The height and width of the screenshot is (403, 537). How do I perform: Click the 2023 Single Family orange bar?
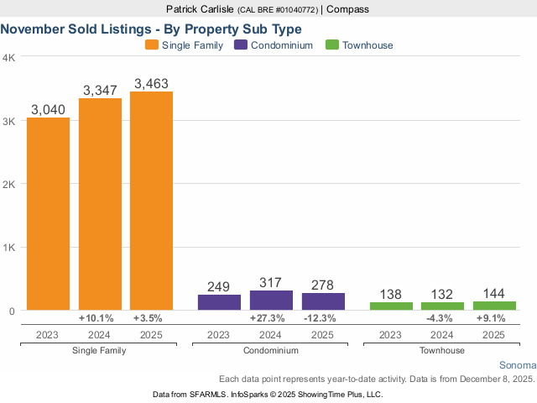(48, 214)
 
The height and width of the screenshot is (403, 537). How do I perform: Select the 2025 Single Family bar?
(151, 201)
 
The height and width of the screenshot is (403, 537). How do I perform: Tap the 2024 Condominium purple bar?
(271, 301)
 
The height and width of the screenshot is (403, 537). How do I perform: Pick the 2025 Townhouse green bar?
(494, 306)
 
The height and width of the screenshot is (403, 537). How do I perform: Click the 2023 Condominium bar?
(219, 302)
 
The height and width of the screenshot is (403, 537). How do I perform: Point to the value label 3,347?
(100, 89)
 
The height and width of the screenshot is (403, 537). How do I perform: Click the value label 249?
(219, 287)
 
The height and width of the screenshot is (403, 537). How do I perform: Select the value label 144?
(494, 294)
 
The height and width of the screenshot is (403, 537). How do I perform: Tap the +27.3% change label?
(271, 318)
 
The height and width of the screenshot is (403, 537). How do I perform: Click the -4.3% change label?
(442, 318)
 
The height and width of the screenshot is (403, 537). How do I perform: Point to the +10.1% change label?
(100, 318)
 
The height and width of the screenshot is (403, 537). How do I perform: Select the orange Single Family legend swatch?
(152, 44)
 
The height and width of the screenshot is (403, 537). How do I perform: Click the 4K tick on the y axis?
(8, 58)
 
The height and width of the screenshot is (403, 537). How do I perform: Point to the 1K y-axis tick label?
(8, 248)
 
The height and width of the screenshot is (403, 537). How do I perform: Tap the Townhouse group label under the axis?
(442, 350)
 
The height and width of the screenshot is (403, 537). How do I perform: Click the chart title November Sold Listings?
(151, 28)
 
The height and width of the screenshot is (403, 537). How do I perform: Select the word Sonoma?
(516, 366)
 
